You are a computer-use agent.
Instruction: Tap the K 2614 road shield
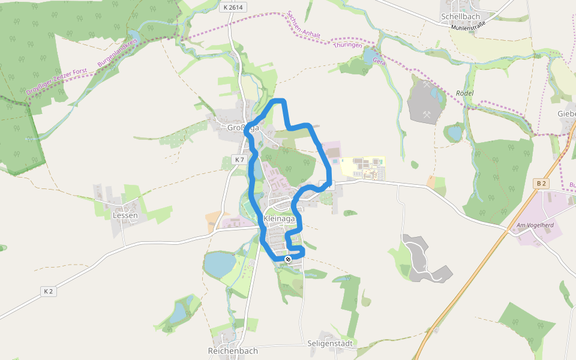tap(233, 8)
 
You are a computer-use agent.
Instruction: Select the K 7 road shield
tap(239, 160)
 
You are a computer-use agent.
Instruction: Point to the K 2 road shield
tap(48, 291)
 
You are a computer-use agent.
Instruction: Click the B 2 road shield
tap(541, 183)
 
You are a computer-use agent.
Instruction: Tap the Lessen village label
tap(125, 215)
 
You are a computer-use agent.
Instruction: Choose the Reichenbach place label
tap(233, 350)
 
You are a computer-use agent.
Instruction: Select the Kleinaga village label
tap(279, 219)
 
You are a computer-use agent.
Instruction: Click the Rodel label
tap(465, 93)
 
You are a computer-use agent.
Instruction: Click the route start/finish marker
tap(288, 259)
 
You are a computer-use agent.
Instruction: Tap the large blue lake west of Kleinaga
tap(220, 263)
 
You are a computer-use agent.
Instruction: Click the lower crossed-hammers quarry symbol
tap(427, 114)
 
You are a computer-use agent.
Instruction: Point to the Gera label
tap(379, 61)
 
